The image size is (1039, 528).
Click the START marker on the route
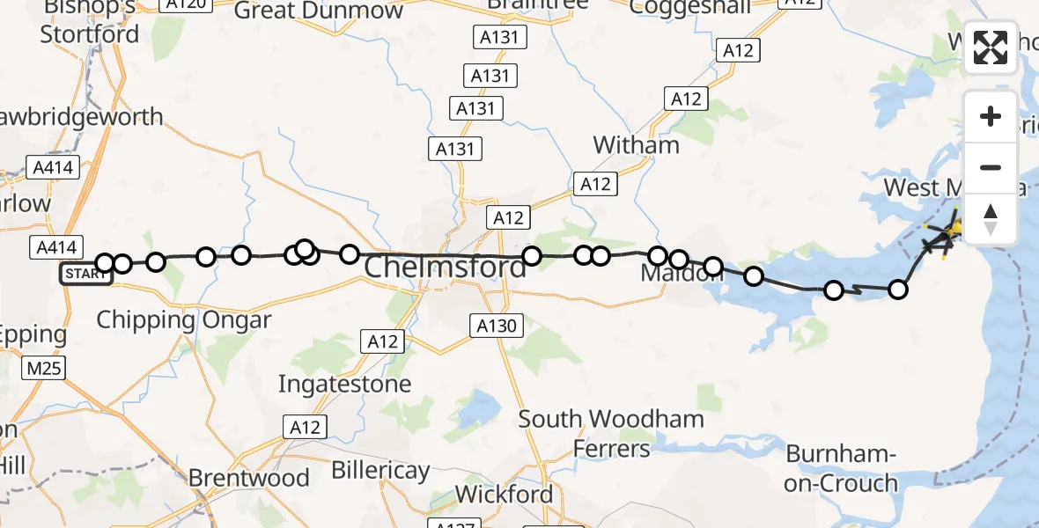click(x=85, y=274)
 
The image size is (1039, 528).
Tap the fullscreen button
click(x=991, y=47)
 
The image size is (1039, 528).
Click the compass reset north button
click(x=991, y=218)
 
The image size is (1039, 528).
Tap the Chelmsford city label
click(x=445, y=267)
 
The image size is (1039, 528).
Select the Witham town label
click(x=636, y=144)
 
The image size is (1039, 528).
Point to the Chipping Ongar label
click(x=183, y=319)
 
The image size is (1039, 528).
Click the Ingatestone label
click(x=344, y=384)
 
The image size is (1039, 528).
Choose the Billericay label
click(x=380, y=471)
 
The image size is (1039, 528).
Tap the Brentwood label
click(x=249, y=478)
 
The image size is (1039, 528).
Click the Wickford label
click(x=505, y=495)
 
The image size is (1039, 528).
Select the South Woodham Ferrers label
click(x=611, y=433)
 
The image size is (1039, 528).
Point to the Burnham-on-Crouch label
click(x=841, y=468)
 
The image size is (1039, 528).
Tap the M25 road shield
click(x=44, y=367)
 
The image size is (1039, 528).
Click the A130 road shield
click(x=497, y=326)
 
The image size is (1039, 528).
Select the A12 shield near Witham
click(x=595, y=185)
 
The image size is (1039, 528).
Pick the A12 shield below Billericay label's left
click(x=305, y=428)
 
